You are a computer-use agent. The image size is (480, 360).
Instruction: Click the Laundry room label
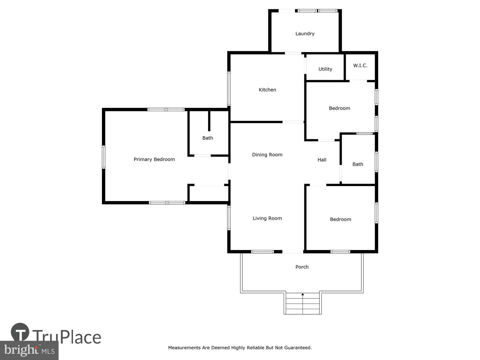[305, 34]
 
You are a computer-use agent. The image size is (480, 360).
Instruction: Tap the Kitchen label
[267, 90]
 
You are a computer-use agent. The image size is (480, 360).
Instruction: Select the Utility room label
[325, 69]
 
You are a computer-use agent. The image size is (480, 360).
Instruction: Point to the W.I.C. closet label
[360, 65]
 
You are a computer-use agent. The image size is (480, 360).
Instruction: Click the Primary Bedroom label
[154, 159]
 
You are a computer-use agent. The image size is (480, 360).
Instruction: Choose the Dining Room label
[267, 155]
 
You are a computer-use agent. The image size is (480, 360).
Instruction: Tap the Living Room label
[267, 218]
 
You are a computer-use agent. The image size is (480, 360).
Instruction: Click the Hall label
[322, 160]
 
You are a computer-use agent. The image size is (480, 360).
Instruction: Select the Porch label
[302, 267]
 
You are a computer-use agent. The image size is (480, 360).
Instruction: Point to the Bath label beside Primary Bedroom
[208, 138]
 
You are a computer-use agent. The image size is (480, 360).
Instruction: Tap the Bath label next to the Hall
[358, 164]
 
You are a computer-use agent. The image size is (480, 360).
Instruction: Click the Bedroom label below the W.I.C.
[339, 108]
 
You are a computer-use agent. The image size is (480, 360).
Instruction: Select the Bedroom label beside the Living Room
[340, 219]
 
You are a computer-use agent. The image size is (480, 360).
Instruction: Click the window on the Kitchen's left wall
[229, 89]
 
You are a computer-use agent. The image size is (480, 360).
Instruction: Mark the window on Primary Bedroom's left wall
[103, 157]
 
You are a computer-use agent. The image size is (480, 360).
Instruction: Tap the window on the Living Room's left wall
[229, 218]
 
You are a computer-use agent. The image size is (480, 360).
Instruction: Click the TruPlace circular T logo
[20, 332]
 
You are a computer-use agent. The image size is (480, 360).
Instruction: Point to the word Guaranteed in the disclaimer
[298, 348]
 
